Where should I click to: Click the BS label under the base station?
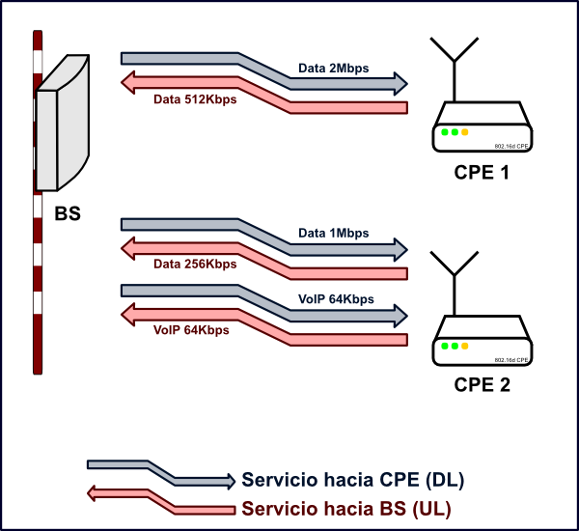tap(68, 213)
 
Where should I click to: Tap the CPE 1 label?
tap(482, 174)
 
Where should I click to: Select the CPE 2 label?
tap(482, 384)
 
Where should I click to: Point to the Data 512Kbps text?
tap(195, 98)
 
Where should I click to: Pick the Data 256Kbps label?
tap(195, 264)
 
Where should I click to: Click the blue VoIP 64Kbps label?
tap(337, 298)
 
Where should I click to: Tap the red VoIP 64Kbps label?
tap(191, 329)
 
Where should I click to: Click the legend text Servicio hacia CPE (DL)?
tap(359, 480)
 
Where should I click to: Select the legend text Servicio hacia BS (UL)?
tap(346, 508)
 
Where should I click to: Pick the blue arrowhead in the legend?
tap(229, 480)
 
